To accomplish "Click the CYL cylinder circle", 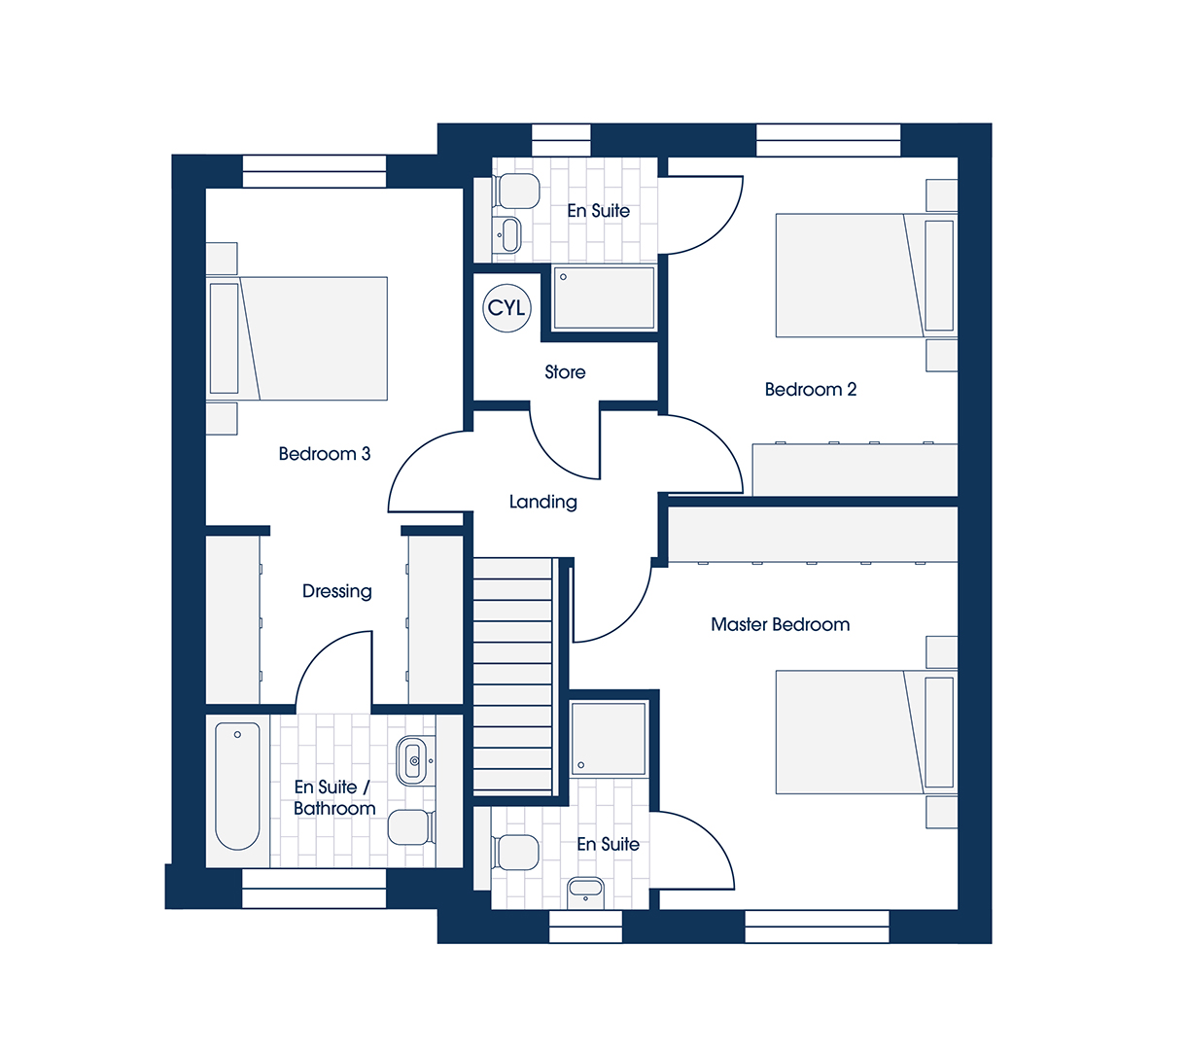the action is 506,307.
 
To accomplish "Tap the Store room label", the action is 565,372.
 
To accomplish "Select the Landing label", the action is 543,502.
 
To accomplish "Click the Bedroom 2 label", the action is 810,390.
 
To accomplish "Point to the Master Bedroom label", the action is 780,624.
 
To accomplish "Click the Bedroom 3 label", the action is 325,454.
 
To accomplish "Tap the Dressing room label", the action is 337,591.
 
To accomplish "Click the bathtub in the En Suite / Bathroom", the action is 237,786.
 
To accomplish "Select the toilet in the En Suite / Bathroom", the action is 412,826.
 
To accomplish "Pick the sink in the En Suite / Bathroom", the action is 415,760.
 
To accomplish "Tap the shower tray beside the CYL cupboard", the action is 604,297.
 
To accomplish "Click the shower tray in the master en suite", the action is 609,739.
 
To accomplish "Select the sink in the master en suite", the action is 585,892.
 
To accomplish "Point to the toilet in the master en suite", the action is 515,852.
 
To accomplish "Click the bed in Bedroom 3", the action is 297,338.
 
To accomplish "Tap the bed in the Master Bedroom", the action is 866,732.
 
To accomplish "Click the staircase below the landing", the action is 513,676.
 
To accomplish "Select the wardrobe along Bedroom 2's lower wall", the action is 855,470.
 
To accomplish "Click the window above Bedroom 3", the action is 315,171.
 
